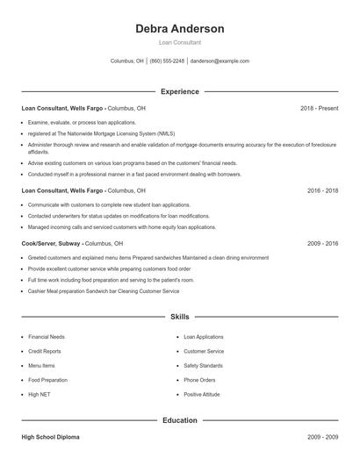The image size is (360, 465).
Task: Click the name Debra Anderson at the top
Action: (x=179, y=28)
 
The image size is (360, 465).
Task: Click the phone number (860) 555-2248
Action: (x=167, y=61)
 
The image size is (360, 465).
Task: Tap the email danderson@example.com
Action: (x=220, y=61)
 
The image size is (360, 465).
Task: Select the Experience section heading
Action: (x=179, y=91)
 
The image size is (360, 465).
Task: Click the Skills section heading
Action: (x=179, y=317)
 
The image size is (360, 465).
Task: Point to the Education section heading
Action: (x=179, y=420)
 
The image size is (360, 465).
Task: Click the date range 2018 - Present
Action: (x=319, y=108)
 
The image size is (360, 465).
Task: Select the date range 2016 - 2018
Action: (x=322, y=190)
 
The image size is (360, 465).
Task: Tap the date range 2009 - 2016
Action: (x=322, y=243)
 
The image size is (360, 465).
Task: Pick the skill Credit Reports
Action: (x=45, y=351)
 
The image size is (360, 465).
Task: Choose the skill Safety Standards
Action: (x=203, y=366)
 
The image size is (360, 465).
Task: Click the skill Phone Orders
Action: (x=199, y=380)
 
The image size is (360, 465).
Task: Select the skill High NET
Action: (x=40, y=395)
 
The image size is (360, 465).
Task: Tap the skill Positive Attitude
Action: (x=203, y=395)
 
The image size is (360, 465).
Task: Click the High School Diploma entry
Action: (x=52, y=436)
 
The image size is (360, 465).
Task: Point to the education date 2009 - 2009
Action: (x=322, y=436)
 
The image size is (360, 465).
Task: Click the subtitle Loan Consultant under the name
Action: (x=179, y=42)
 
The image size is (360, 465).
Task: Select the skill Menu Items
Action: (x=41, y=366)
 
